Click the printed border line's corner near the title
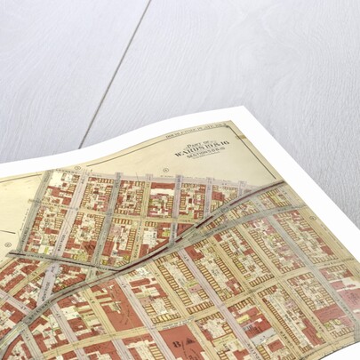point(229,121)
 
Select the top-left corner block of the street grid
point(62,183)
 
